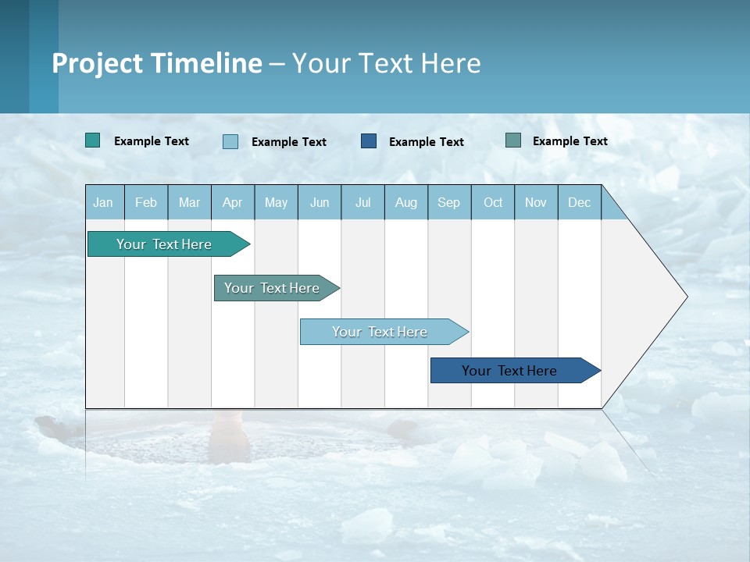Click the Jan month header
coord(103,202)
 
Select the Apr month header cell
coord(232,202)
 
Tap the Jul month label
coord(362,202)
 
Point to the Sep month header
coord(448,202)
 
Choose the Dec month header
coord(579,202)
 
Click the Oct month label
coord(493,202)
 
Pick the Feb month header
coord(146,202)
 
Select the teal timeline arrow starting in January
coord(164,244)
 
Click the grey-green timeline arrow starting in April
coord(272,288)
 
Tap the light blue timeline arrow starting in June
coord(380,332)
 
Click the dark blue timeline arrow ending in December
coord(509,371)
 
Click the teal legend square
coord(92,140)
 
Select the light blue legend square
coord(230,141)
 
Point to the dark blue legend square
coord(369,140)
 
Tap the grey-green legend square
coord(513,140)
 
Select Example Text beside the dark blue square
coord(427,141)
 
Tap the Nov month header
coord(536,202)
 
